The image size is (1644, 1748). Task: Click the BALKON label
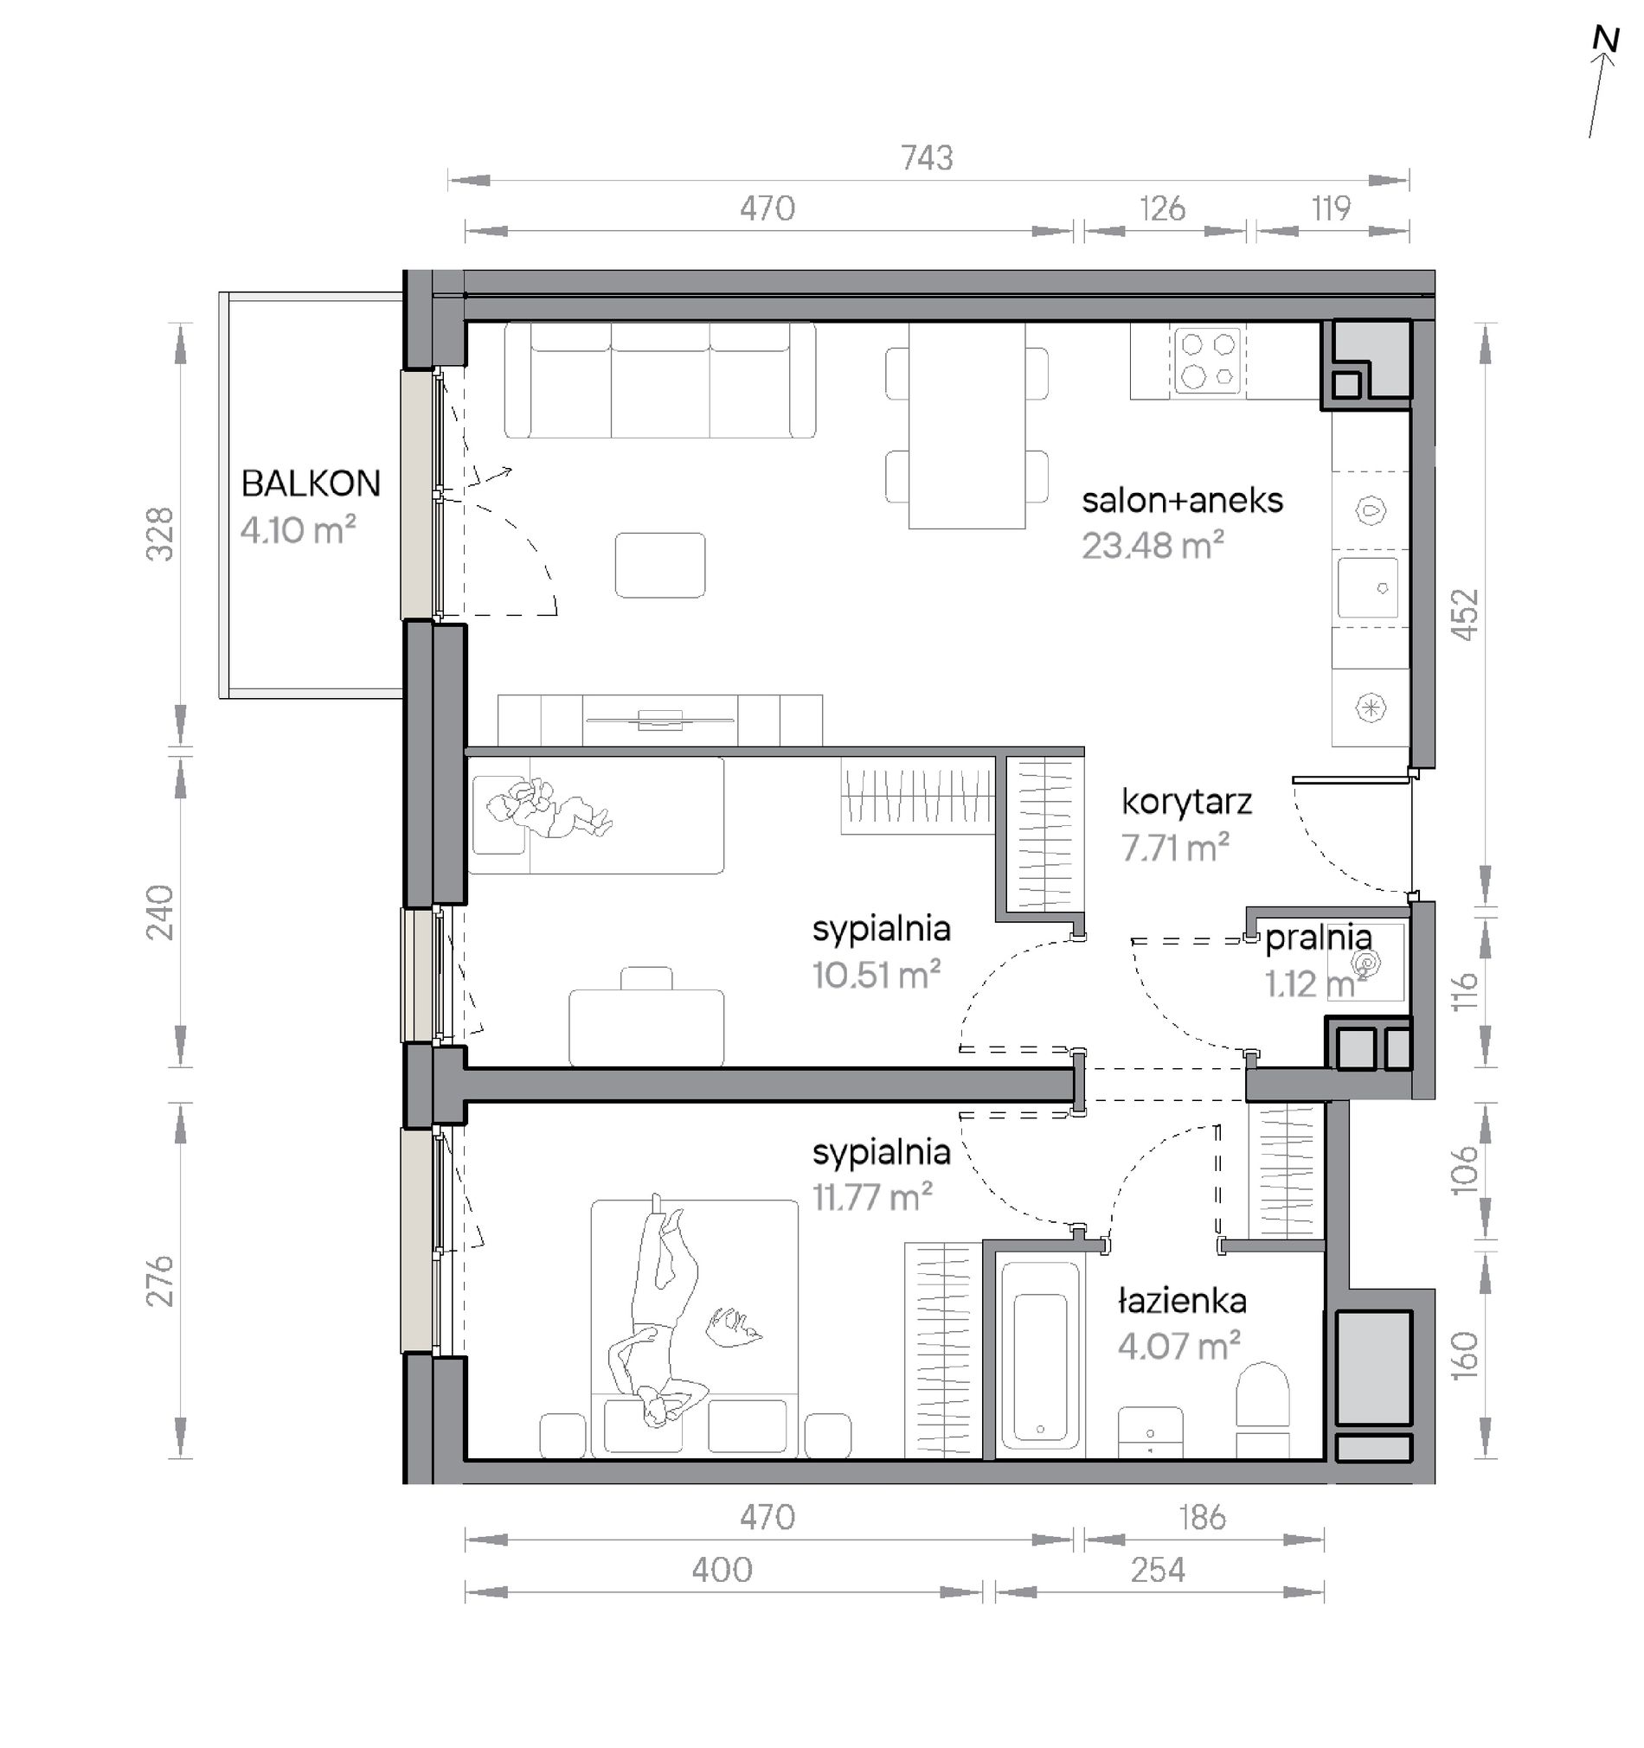coord(311,483)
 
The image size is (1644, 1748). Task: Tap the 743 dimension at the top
coord(927,157)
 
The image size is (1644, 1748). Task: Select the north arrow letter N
coord(1606,40)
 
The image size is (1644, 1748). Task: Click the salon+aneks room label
coord(1182,500)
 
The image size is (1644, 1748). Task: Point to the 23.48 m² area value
coord(1153,546)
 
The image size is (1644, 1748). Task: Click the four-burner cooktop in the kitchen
coord(1208,360)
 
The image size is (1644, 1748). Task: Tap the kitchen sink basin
coord(1368,587)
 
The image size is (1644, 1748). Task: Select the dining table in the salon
coord(966,426)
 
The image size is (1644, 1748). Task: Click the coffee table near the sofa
coord(659,566)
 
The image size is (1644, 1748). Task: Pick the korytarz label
coord(1186,802)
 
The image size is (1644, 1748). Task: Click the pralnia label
coord(1318,938)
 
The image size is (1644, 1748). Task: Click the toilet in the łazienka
coord(1262,1407)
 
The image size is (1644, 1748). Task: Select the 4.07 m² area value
coord(1178,1346)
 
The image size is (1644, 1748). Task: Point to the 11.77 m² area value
coord(871,1198)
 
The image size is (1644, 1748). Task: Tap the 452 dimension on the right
coord(1464,615)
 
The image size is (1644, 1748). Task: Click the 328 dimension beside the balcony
coord(160,535)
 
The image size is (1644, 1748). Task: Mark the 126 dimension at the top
coord(1162,208)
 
